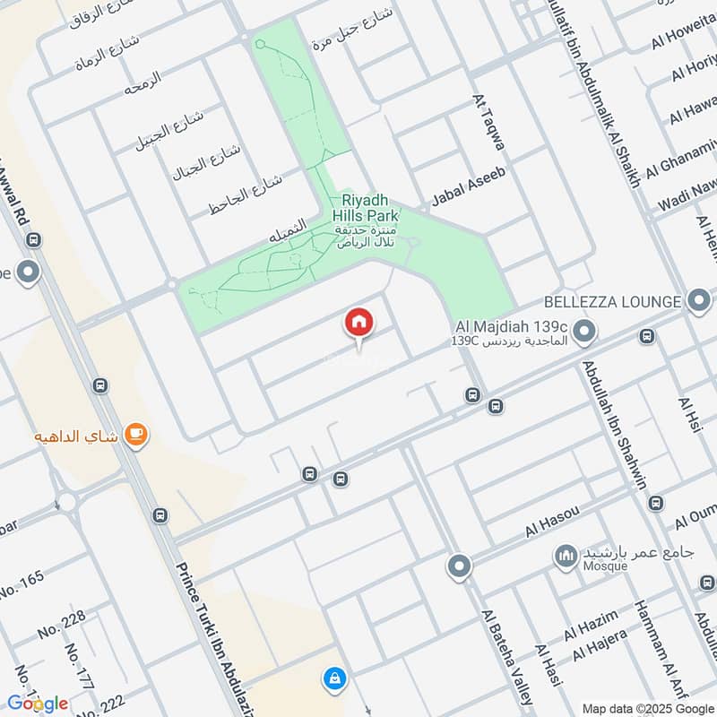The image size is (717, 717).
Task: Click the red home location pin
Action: [x=359, y=324]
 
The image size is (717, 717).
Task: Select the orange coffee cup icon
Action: [x=136, y=435]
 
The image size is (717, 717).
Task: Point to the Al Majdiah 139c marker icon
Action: [x=584, y=333]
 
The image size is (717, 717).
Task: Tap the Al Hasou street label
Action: [x=554, y=521]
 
